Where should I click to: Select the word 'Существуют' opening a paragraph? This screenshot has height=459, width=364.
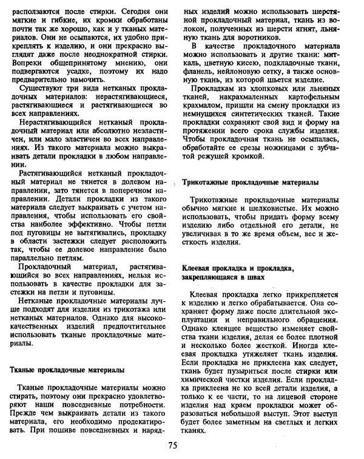tap(40, 91)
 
